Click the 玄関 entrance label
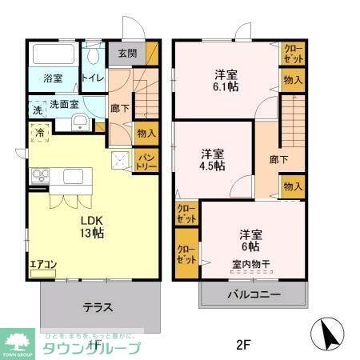[x=127, y=54]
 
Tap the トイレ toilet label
[x=94, y=78]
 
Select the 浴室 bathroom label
[x=54, y=78]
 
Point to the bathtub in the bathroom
[x=54, y=55]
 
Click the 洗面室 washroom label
[x=63, y=104]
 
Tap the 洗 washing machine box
[x=37, y=107]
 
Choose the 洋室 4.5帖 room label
[x=212, y=158]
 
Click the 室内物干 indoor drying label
[x=250, y=264]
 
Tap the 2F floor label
[x=243, y=345]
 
